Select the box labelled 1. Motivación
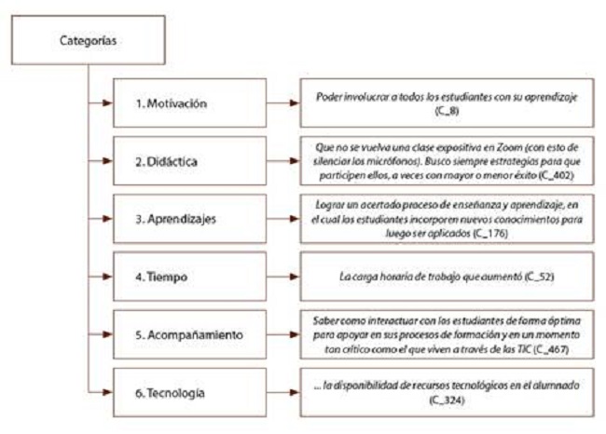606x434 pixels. pos(178,102)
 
